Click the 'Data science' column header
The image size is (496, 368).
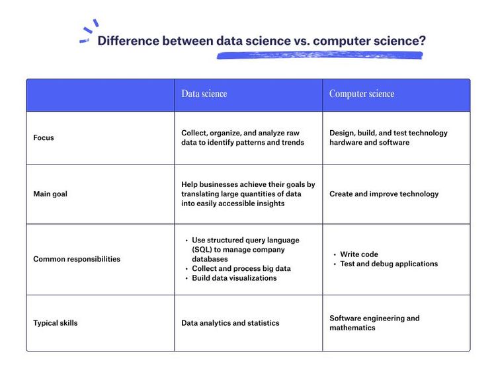[204, 94]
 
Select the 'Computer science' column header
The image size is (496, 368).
[362, 94]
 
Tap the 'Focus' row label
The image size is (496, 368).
[44, 138]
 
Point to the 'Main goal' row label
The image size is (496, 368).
[50, 194]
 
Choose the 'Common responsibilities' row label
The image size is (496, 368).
[77, 259]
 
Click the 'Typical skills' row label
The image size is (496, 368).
[56, 323]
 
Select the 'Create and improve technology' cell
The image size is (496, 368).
[384, 194]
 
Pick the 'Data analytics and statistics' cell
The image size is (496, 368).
[230, 323]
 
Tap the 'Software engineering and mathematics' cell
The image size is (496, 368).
[374, 323]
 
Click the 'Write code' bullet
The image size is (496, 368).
[359, 254]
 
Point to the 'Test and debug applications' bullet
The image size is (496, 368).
[389, 264]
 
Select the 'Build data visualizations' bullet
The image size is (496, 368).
[234, 278]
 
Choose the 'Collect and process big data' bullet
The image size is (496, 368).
[241, 269]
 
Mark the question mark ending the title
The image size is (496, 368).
[422, 41]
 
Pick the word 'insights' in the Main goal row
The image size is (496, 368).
[270, 203]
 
